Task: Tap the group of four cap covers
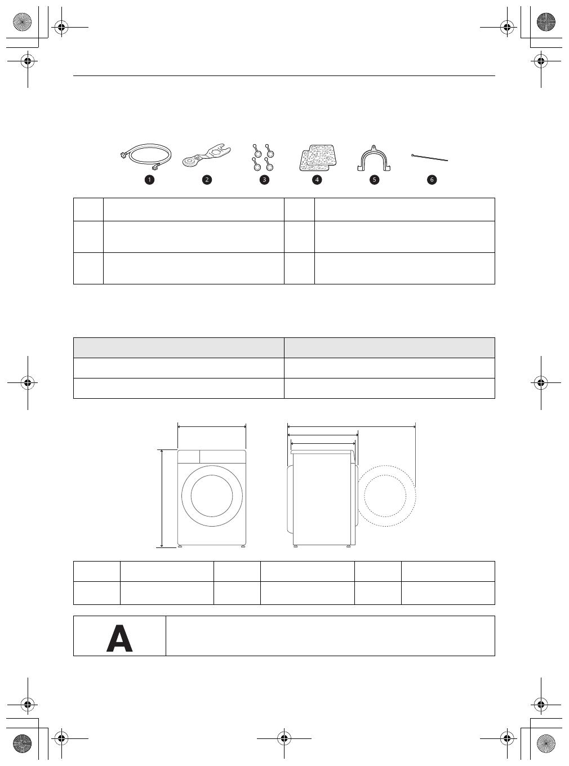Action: coord(263,157)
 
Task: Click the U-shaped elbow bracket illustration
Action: coord(374,158)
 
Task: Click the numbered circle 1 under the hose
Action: coord(149,180)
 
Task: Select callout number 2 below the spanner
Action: coord(207,180)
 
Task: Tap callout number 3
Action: coord(264,180)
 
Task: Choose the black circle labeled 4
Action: coord(317,180)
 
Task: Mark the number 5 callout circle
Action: coord(374,180)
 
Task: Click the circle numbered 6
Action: coord(432,180)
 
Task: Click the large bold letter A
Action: coord(119,639)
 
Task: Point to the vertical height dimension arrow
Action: coord(162,498)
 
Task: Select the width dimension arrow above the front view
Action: coord(212,427)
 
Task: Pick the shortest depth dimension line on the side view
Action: coord(322,443)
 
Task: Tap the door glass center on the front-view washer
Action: coord(212,496)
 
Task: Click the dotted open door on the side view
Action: coord(386,496)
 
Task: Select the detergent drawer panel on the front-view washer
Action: coord(189,457)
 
